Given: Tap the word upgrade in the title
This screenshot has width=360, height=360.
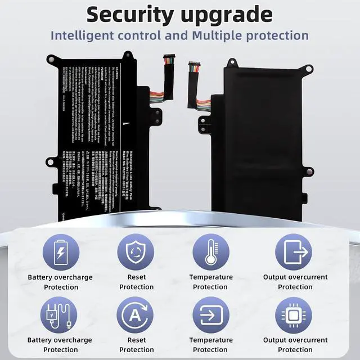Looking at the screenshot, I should (228, 15).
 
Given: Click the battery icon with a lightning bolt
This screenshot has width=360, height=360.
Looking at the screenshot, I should (60, 252).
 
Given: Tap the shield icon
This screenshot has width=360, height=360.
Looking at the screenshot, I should (136, 252).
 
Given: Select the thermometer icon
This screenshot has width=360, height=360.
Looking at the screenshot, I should (211, 252).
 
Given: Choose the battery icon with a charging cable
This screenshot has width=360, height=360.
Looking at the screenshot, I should (60, 315).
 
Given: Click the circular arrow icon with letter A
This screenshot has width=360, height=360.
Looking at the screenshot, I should (136, 315).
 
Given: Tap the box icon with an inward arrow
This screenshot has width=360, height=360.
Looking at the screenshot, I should (211, 315).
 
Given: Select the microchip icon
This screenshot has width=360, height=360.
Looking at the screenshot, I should (294, 315).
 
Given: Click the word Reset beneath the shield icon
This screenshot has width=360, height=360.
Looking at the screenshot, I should (136, 277).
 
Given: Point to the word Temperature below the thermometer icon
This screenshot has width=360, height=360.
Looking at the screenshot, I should (211, 277).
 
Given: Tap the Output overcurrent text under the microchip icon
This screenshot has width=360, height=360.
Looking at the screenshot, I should (295, 340).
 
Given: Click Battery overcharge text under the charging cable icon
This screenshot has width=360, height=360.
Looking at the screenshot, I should (60, 340).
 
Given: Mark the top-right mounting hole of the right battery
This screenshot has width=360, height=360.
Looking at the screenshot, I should (308, 69).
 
